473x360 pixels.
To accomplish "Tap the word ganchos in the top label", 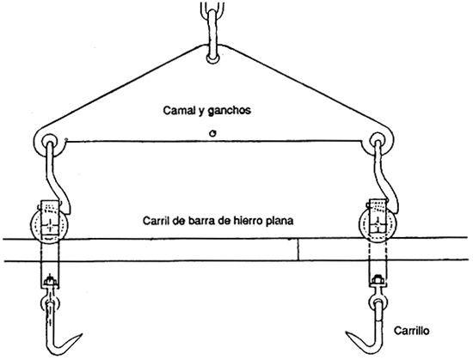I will pyautogui.click(x=234, y=112).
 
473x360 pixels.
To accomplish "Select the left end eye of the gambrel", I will pyautogui.click(x=47, y=141).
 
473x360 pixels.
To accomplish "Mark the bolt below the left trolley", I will pyautogui.click(x=48, y=280).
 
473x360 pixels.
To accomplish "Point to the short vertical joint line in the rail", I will pyautogui.click(x=298, y=250).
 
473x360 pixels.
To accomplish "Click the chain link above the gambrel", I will pyautogui.click(x=212, y=21).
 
